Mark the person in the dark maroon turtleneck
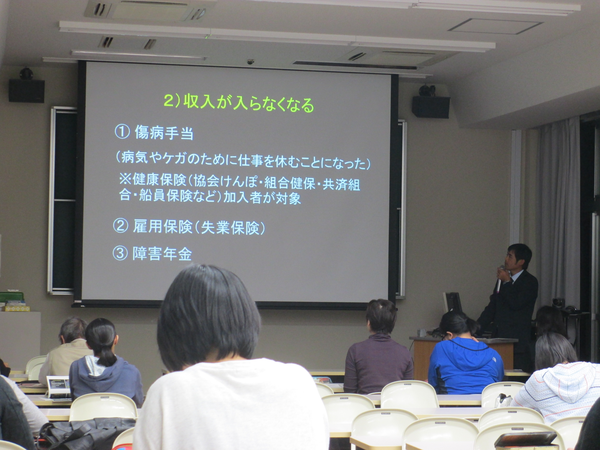[x=378, y=350]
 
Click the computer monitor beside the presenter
[x=452, y=303]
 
